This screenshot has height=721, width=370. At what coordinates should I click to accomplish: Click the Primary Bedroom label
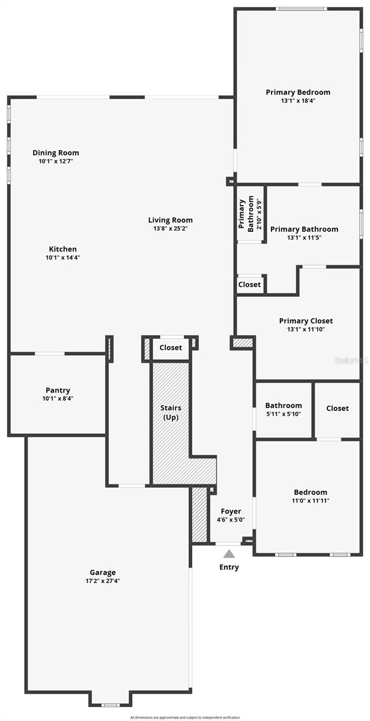[298, 92]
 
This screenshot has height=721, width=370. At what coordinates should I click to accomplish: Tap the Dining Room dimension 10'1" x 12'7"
[56, 161]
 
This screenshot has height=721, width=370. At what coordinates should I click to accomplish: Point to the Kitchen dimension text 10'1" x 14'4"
[63, 257]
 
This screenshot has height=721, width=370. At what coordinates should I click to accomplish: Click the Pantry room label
[58, 390]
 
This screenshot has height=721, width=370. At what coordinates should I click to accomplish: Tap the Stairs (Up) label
[171, 413]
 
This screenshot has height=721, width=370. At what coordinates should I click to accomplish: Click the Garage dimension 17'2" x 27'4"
[103, 581]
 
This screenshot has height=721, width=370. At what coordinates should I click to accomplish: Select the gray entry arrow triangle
[229, 554]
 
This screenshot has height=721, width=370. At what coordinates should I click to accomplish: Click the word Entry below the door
[229, 567]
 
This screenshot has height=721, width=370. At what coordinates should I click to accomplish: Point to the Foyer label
[231, 511]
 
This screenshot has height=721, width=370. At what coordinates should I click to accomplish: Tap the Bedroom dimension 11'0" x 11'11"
[311, 500]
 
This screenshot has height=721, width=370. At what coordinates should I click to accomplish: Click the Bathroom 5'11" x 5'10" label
[284, 406]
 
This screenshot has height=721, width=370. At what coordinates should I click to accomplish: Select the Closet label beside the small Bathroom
[337, 408]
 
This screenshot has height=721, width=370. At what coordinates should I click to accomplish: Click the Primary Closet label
[306, 321]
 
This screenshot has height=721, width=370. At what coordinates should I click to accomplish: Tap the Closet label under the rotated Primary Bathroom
[249, 284]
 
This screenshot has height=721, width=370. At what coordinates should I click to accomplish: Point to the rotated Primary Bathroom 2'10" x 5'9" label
[250, 214]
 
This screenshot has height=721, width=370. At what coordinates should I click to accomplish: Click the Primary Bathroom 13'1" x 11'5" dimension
[304, 237]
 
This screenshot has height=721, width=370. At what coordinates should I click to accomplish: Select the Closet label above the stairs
[171, 347]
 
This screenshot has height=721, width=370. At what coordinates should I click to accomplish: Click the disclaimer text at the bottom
[185, 717]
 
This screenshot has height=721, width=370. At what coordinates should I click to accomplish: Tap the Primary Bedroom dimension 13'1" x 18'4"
[298, 101]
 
